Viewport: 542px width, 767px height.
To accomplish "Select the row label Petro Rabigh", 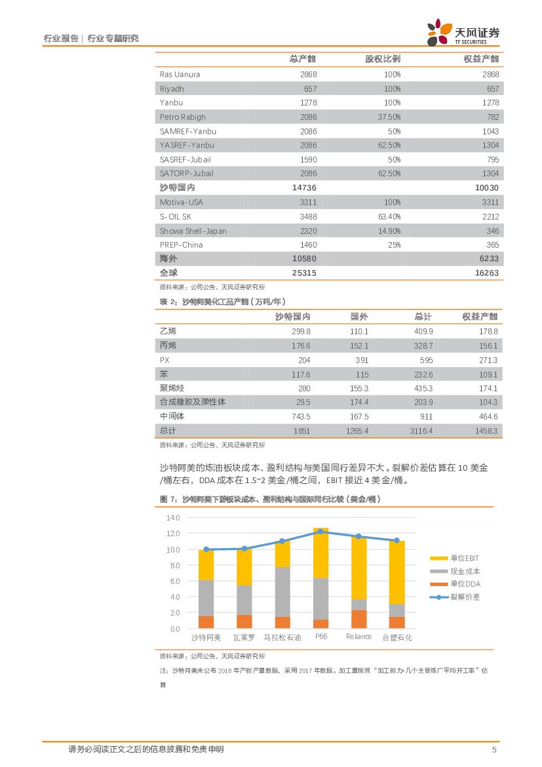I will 183,117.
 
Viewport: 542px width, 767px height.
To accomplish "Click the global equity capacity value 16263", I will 484,273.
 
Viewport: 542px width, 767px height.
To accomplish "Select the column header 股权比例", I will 383,59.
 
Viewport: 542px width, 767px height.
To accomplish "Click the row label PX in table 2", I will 165,360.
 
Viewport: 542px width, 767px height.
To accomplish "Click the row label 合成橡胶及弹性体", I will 193,402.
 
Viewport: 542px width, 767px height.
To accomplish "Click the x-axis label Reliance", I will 358,637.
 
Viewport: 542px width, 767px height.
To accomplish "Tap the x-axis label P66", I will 321,637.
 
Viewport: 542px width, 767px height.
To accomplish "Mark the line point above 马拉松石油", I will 282,541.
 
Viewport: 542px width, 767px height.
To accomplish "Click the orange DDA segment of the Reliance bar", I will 358,619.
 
